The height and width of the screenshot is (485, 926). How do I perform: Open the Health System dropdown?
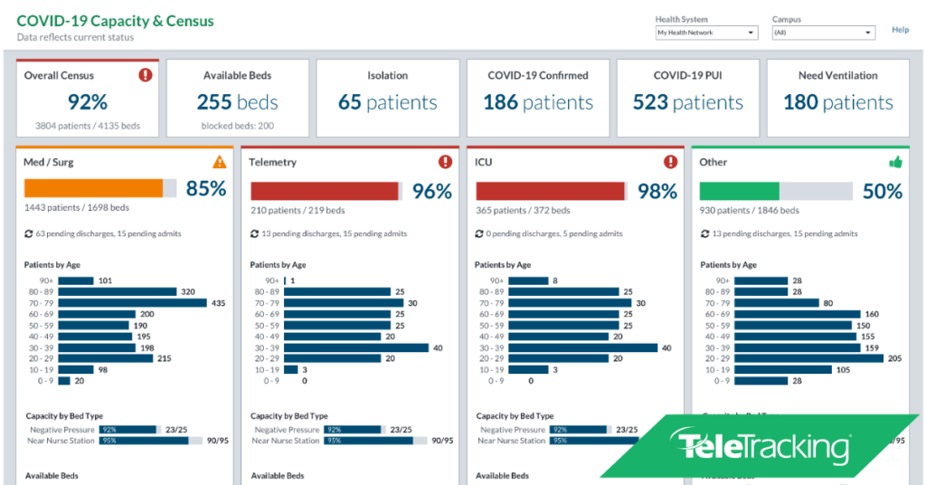pyautogui.click(x=706, y=33)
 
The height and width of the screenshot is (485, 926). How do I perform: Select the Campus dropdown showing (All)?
pyautogui.click(x=823, y=33)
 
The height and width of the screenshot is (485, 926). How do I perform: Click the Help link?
pyautogui.click(x=900, y=30)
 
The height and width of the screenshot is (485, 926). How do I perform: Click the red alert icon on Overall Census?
pyautogui.click(x=146, y=75)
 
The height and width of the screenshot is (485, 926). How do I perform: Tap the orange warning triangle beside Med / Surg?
pyautogui.click(x=220, y=162)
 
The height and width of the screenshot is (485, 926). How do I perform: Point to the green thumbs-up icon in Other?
pyautogui.click(x=895, y=162)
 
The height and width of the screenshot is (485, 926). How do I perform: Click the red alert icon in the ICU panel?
pyautogui.click(x=670, y=162)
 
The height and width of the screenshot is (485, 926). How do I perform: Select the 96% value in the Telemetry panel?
pyautogui.click(x=431, y=191)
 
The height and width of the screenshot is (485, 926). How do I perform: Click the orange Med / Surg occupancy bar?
pyautogui.click(x=93, y=188)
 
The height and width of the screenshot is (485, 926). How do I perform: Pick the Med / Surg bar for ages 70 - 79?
pyautogui.click(x=132, y=303)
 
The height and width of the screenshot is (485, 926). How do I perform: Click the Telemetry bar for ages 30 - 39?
pyautogui.click(x=356, y=347)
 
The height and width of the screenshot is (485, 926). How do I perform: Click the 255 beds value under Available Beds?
pyautogui.click(x=237, y=102)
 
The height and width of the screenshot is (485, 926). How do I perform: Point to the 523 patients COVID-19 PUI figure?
pyautogui.click(x=687, y=102)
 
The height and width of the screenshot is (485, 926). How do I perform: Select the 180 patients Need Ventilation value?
pyautogui.click(x=837, y=102)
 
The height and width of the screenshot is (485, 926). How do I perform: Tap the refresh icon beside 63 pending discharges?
pyautogui.click(x=29, y=233)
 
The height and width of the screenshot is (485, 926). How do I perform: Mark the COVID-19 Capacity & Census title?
pyautogui.click(x=116, y=21)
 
